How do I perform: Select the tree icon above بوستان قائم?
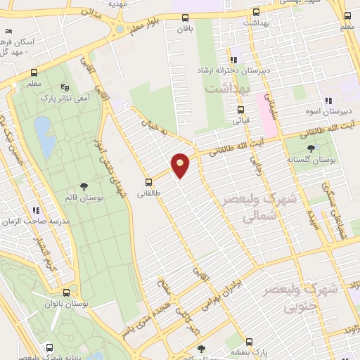[x=84, y=186]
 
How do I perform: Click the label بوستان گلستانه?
[x=309, y=160]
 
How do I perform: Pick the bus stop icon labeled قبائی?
[x=241, y=110]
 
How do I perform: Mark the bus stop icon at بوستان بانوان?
[x=66, y=292]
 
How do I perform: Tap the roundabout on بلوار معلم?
[x=120, y=30]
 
